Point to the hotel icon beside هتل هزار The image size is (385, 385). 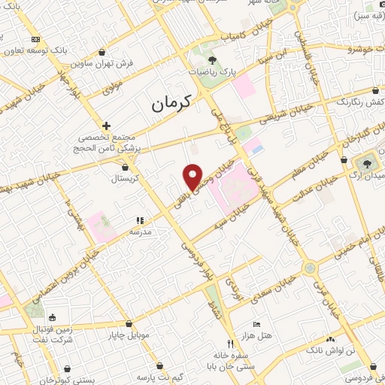257,324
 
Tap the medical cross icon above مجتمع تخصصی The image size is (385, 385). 107,126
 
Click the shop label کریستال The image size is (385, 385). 126,178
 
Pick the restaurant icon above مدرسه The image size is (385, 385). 139,220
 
